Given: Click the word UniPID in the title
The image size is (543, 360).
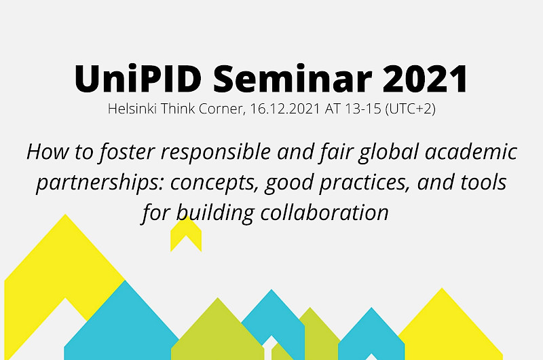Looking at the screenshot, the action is click(138, 78).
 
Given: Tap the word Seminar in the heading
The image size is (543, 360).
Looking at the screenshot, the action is click(293, 78).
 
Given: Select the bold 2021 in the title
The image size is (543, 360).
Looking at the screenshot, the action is click(426, 79).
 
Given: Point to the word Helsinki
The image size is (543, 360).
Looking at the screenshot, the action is click(132, 109).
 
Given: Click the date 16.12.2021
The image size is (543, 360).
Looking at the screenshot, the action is click(284, 109).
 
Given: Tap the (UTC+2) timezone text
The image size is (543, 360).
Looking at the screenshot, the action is click(411, 109).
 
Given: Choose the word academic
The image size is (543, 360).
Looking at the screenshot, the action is click(471, 151).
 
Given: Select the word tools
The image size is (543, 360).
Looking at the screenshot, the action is click(484, 182).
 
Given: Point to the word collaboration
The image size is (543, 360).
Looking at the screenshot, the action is click(324, 212).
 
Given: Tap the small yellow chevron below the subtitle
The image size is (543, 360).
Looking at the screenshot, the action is click(186, 234).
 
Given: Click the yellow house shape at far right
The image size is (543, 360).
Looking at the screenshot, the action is click(450, 329).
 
